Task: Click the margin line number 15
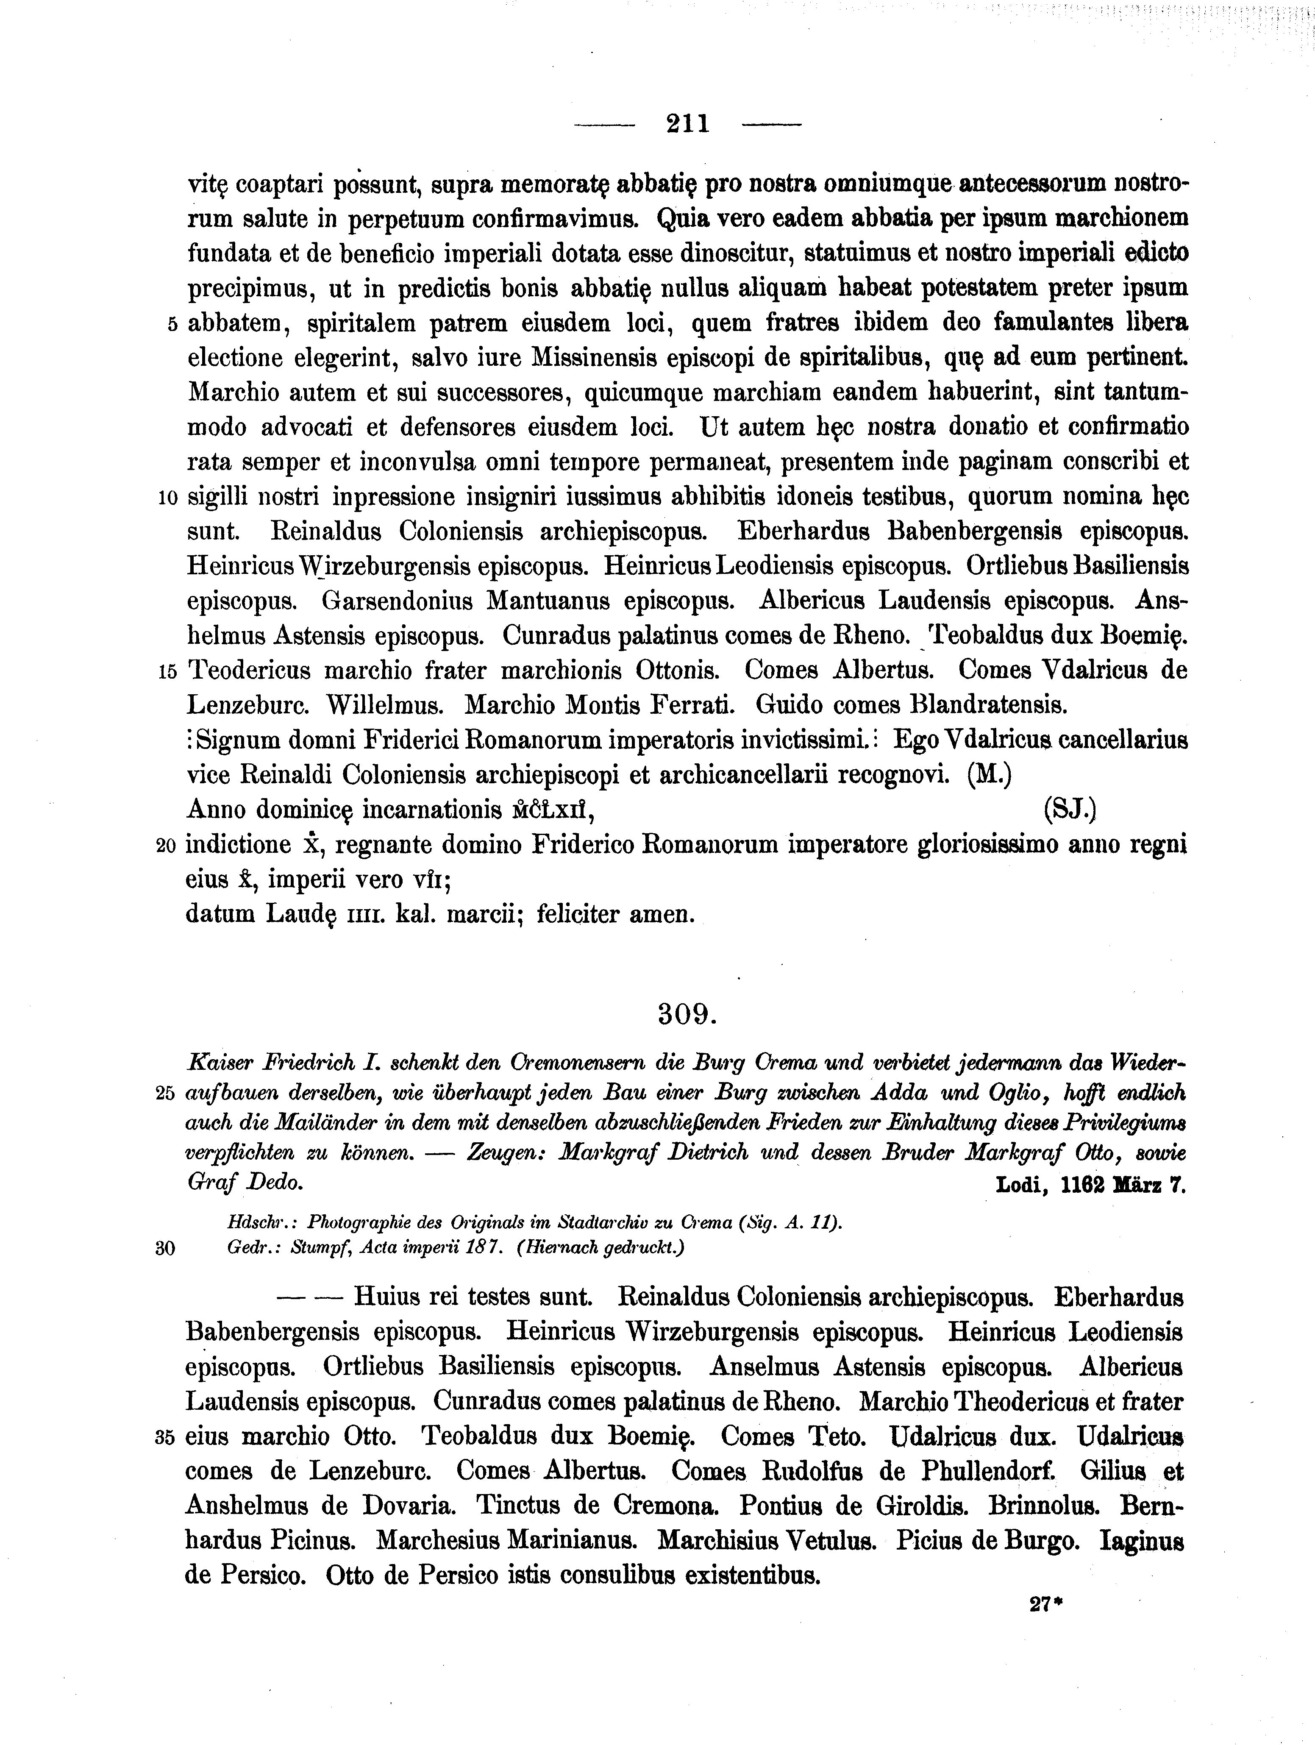[167, 672]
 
